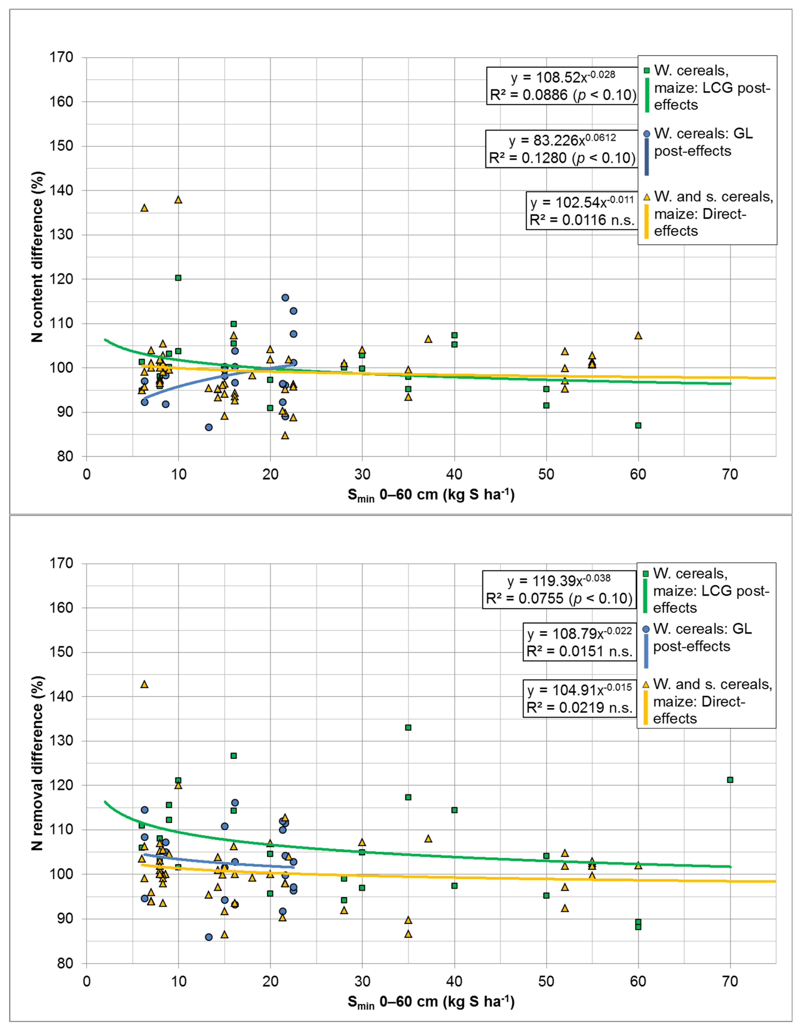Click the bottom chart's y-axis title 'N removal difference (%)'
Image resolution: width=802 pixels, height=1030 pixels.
tap(38, 763)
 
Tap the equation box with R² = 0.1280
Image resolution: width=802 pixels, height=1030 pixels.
tap(562, 149)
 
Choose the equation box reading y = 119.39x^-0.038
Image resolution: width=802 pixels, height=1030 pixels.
tap(559, 590)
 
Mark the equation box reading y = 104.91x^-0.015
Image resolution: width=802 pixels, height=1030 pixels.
tap(580, 698)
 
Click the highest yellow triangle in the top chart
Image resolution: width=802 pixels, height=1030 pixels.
tap(178, 199)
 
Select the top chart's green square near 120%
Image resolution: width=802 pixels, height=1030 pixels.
tap(178, 278)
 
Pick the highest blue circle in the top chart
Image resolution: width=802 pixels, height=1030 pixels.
tap(285, 298)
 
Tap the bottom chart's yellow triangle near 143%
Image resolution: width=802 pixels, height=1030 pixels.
tap(144, 684)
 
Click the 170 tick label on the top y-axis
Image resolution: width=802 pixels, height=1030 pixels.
tap(61, 58)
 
